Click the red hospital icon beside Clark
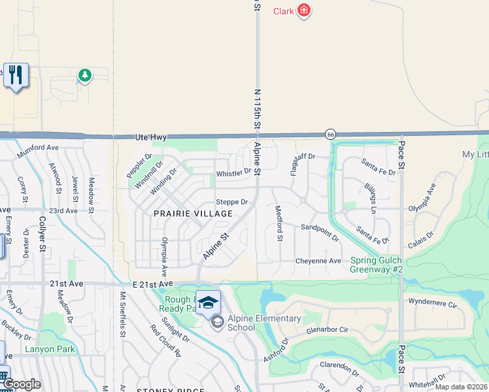303,10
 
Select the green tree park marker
84,76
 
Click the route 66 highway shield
331,134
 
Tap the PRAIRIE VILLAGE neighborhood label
193,214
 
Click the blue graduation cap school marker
209,302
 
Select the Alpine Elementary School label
264,323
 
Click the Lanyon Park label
50,349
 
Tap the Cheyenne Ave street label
318,261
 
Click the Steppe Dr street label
232,202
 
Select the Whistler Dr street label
233,172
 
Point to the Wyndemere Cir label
432,303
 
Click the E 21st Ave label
155,284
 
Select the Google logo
22,384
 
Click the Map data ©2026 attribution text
461,387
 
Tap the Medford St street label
278,223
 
